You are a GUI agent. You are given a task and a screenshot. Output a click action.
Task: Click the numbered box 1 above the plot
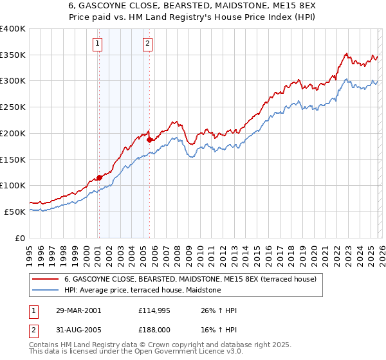coord(97,44)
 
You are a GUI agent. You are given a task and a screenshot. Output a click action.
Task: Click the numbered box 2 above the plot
coord(147,44)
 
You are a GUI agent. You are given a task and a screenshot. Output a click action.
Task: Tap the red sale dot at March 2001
coord(99,177)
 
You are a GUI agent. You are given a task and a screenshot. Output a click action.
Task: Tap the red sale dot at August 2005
coord(149,139)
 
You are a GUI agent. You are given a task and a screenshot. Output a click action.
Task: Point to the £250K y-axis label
coord(13,107)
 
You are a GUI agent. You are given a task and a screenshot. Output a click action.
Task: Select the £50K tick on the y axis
coord(15,212)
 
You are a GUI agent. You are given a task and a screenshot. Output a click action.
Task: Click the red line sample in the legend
coord(46,280)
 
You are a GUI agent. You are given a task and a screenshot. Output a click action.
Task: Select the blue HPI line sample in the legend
coord(46,291)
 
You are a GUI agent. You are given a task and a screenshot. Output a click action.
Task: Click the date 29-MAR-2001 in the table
coord(78,310)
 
